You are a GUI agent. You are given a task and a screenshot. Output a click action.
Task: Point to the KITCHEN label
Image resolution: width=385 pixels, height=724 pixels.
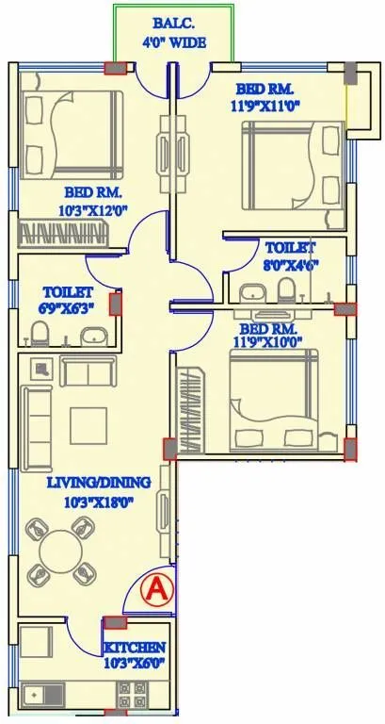(x=136, y=648)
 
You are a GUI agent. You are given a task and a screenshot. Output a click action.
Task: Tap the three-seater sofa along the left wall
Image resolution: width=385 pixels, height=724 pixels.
(x=37, y=428)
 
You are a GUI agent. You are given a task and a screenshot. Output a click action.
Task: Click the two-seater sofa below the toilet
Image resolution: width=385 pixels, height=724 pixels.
(x=88, y=370)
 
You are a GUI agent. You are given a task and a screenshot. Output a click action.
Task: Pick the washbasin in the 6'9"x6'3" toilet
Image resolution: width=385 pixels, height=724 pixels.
(x=92, y=335)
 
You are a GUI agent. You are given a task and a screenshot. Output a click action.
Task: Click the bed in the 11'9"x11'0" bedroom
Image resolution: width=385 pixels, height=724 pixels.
(x=287, y=163)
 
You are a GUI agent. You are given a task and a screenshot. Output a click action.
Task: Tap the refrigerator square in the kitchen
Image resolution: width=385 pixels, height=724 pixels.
(x=39, y=642)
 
